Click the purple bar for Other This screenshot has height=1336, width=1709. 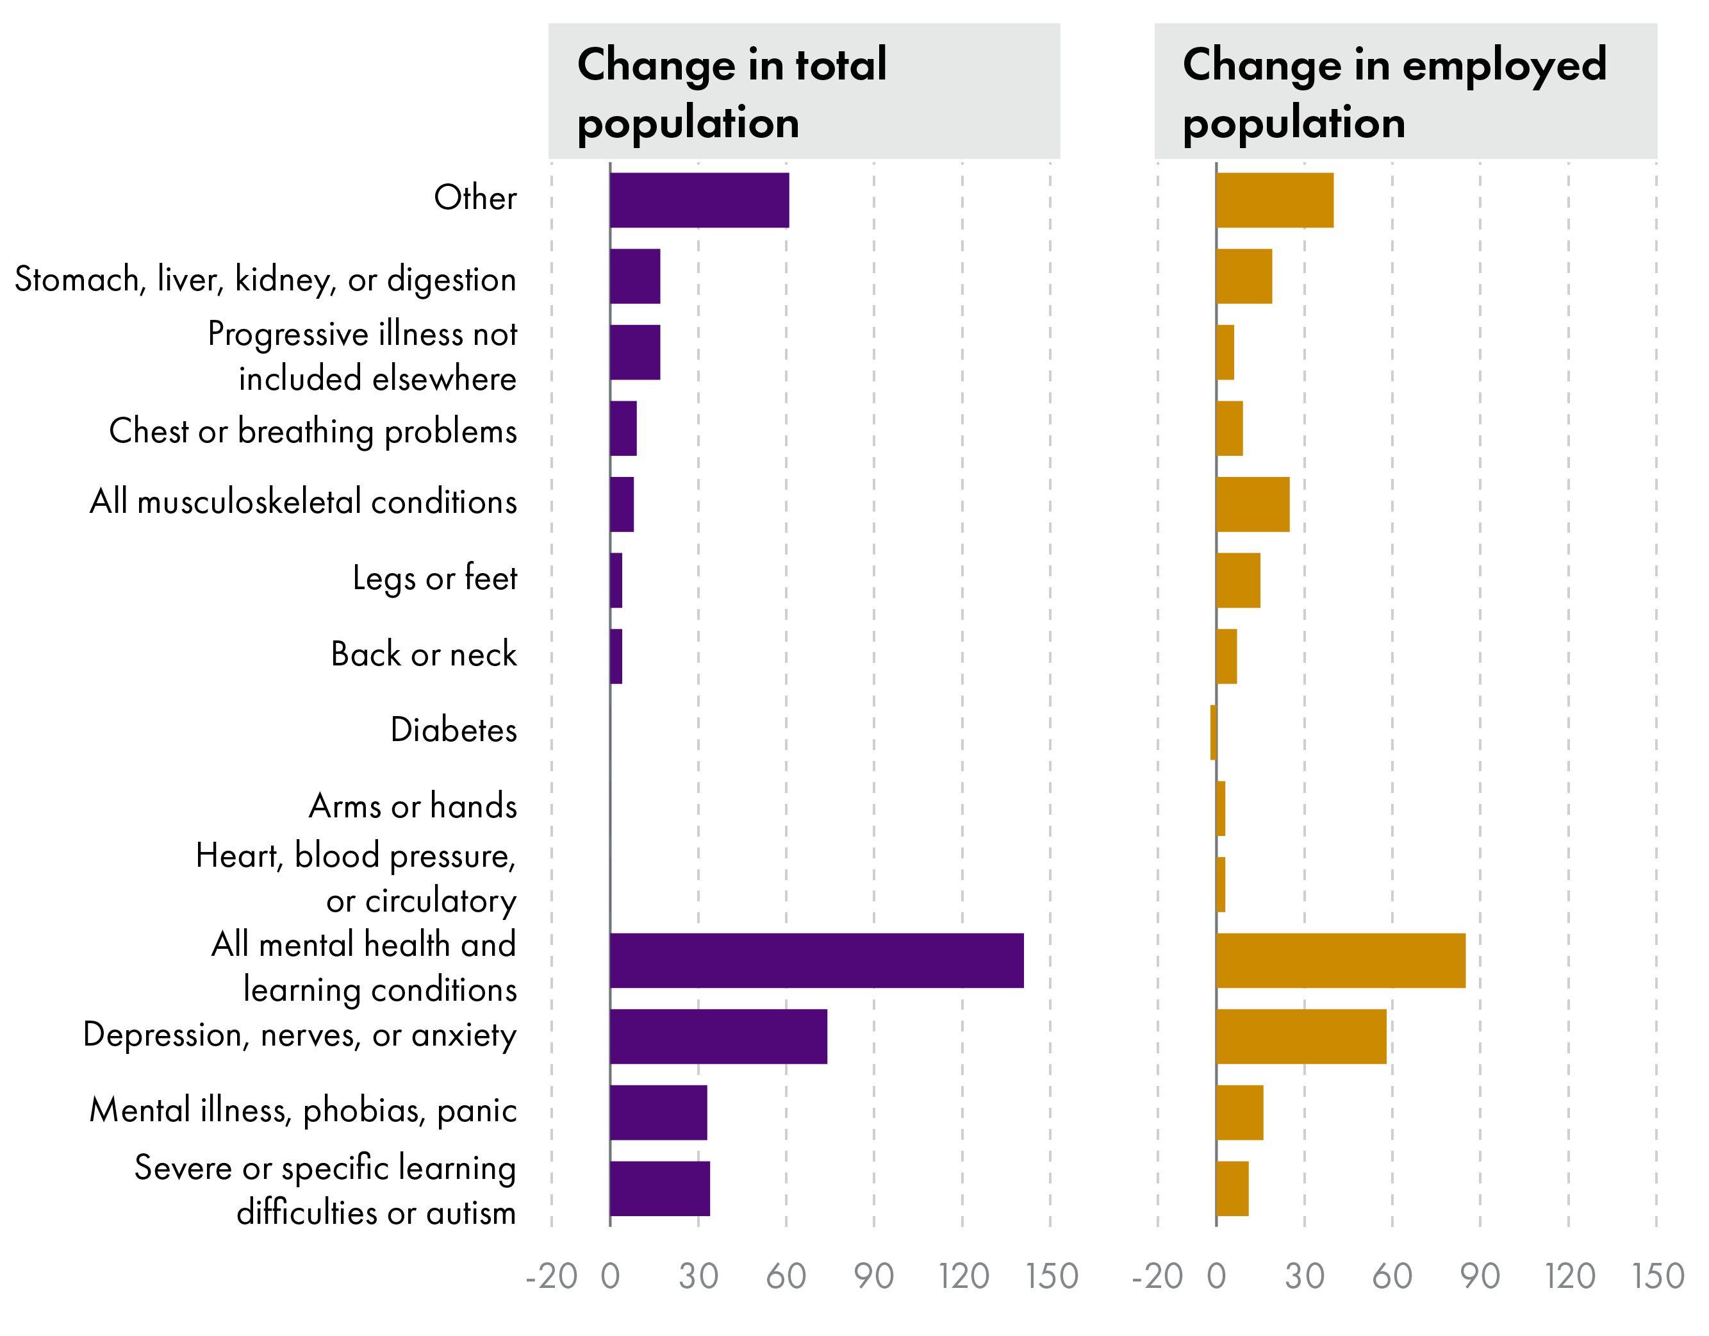click(x=698, y=201)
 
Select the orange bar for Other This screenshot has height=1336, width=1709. click(x=1274, y=201)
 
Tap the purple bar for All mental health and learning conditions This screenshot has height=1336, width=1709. click(x=816, y=960)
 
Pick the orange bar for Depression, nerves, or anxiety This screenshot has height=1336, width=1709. click(x=1301, y=1036)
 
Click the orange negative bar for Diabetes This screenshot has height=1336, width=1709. click(x=1213, y=733)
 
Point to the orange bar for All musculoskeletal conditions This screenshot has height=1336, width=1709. click(x=1252, y=504)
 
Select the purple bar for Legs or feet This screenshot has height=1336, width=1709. click(x=616, y=580)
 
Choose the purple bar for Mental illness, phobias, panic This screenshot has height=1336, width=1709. click(x=658, y=1112)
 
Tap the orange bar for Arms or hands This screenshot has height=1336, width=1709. click(x=1221, y=808)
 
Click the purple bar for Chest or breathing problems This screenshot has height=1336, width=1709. click(x=623, y=428)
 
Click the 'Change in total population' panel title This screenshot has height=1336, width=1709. click(x=731, y=92)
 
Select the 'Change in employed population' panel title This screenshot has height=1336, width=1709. click(x=1394, y=92)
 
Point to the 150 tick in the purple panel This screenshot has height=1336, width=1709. click(x=1052, y=1276)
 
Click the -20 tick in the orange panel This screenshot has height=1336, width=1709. click(x=1157, y=1276)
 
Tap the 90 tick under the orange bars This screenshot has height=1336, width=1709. click(x=1480, y=1276)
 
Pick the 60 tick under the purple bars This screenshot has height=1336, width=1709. click(x=786, y=1276)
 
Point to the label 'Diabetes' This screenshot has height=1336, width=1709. click(x=453, y=730)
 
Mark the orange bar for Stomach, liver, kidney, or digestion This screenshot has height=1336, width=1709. click(x=1243, y=276)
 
